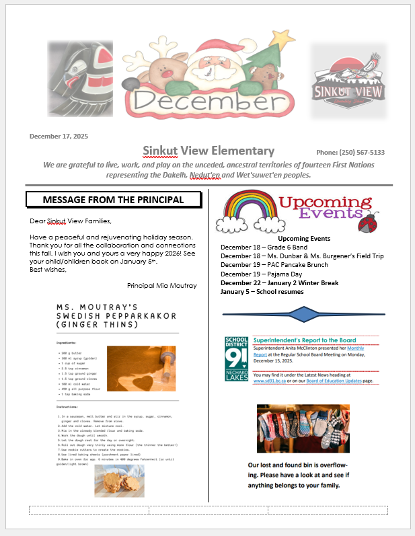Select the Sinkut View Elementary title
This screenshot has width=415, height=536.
(209, 151)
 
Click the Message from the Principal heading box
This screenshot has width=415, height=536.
(113, 200)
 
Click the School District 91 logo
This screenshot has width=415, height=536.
(236, 358)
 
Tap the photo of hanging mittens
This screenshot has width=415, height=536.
(303, 428)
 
